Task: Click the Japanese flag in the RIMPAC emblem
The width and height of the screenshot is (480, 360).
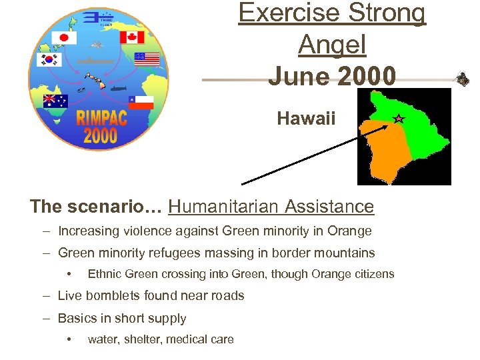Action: (65, 38)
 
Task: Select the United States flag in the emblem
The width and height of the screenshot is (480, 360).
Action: (147, 59)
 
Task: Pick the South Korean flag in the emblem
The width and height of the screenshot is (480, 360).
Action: (47, 60)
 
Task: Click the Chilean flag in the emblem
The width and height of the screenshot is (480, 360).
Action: (141, 101)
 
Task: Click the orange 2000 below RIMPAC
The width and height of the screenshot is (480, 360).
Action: (99, 137)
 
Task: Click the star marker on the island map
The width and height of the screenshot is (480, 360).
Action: (398, 119)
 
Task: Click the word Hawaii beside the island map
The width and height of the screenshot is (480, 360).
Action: (307, 119)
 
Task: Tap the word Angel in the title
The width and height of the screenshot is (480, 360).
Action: (331, 45)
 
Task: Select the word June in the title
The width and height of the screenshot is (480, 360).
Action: (299, 76)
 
